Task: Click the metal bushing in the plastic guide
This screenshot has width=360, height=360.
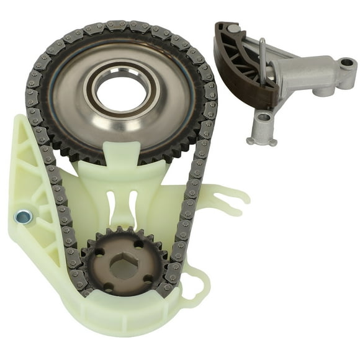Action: [x=23, y=217]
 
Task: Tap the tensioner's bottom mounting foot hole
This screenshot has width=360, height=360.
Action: [x=263, y=117]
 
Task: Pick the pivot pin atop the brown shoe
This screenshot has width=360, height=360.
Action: [x=232, y=29]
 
